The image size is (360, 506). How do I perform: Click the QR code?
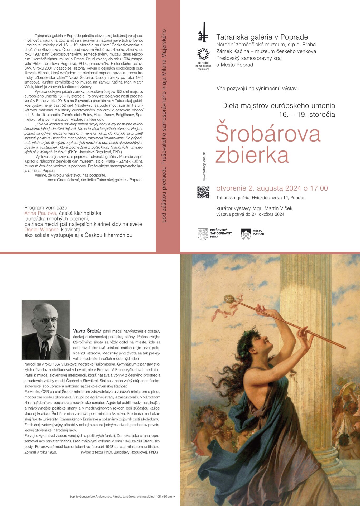coord(203,192)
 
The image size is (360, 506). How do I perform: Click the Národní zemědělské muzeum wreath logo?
coord(203,54)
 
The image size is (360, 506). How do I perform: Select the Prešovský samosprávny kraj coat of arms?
coord(203,234)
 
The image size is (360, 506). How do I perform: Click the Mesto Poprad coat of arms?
coord(246,234)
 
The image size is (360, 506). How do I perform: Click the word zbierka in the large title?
coord(252,155)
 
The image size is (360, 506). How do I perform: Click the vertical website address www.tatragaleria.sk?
coord(204,166)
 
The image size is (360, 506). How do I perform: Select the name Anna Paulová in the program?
coord(41,213)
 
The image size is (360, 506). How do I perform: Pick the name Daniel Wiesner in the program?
coord(42,230)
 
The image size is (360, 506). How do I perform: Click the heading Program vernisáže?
coord(46,207)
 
